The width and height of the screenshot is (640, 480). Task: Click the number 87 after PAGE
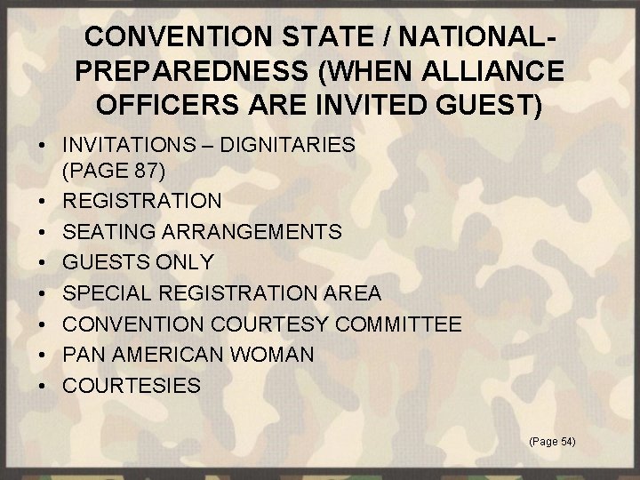(x=148, y=168)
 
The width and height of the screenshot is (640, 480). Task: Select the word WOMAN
(x=275, y=354)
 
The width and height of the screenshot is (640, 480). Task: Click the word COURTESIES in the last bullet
(x=132, y=385)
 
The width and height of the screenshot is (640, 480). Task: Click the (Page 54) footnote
(x=551, y=441)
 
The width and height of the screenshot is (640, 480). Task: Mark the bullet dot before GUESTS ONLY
(x=42, y=263)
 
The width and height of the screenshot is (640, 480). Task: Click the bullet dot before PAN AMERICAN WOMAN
(x=42, y=355)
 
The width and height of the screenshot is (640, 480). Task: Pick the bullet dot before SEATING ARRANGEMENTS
(x=42, y=233)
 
